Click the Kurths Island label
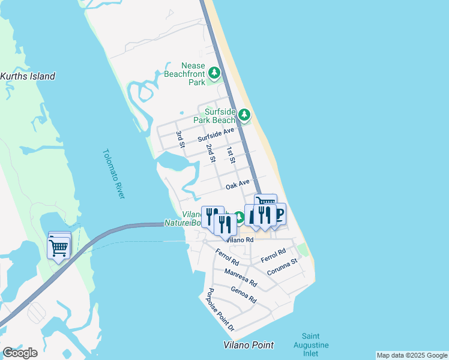tap(28, 76)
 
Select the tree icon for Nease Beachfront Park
tap(214, 74)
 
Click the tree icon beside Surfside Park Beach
tap(244, 115)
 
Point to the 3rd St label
tap(179, 139)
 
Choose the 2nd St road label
tap(210, 153)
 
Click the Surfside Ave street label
tap(215, 135)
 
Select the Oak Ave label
tap(237, 184)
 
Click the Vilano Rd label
tap(241, 239)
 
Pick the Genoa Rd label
tap(244, 294)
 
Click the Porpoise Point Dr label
tap(220, 310)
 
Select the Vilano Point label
tap(249, 344)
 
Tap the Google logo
tap(20, 352)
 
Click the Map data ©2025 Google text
tap(411, 355)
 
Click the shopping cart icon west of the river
tap(59, 247)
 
